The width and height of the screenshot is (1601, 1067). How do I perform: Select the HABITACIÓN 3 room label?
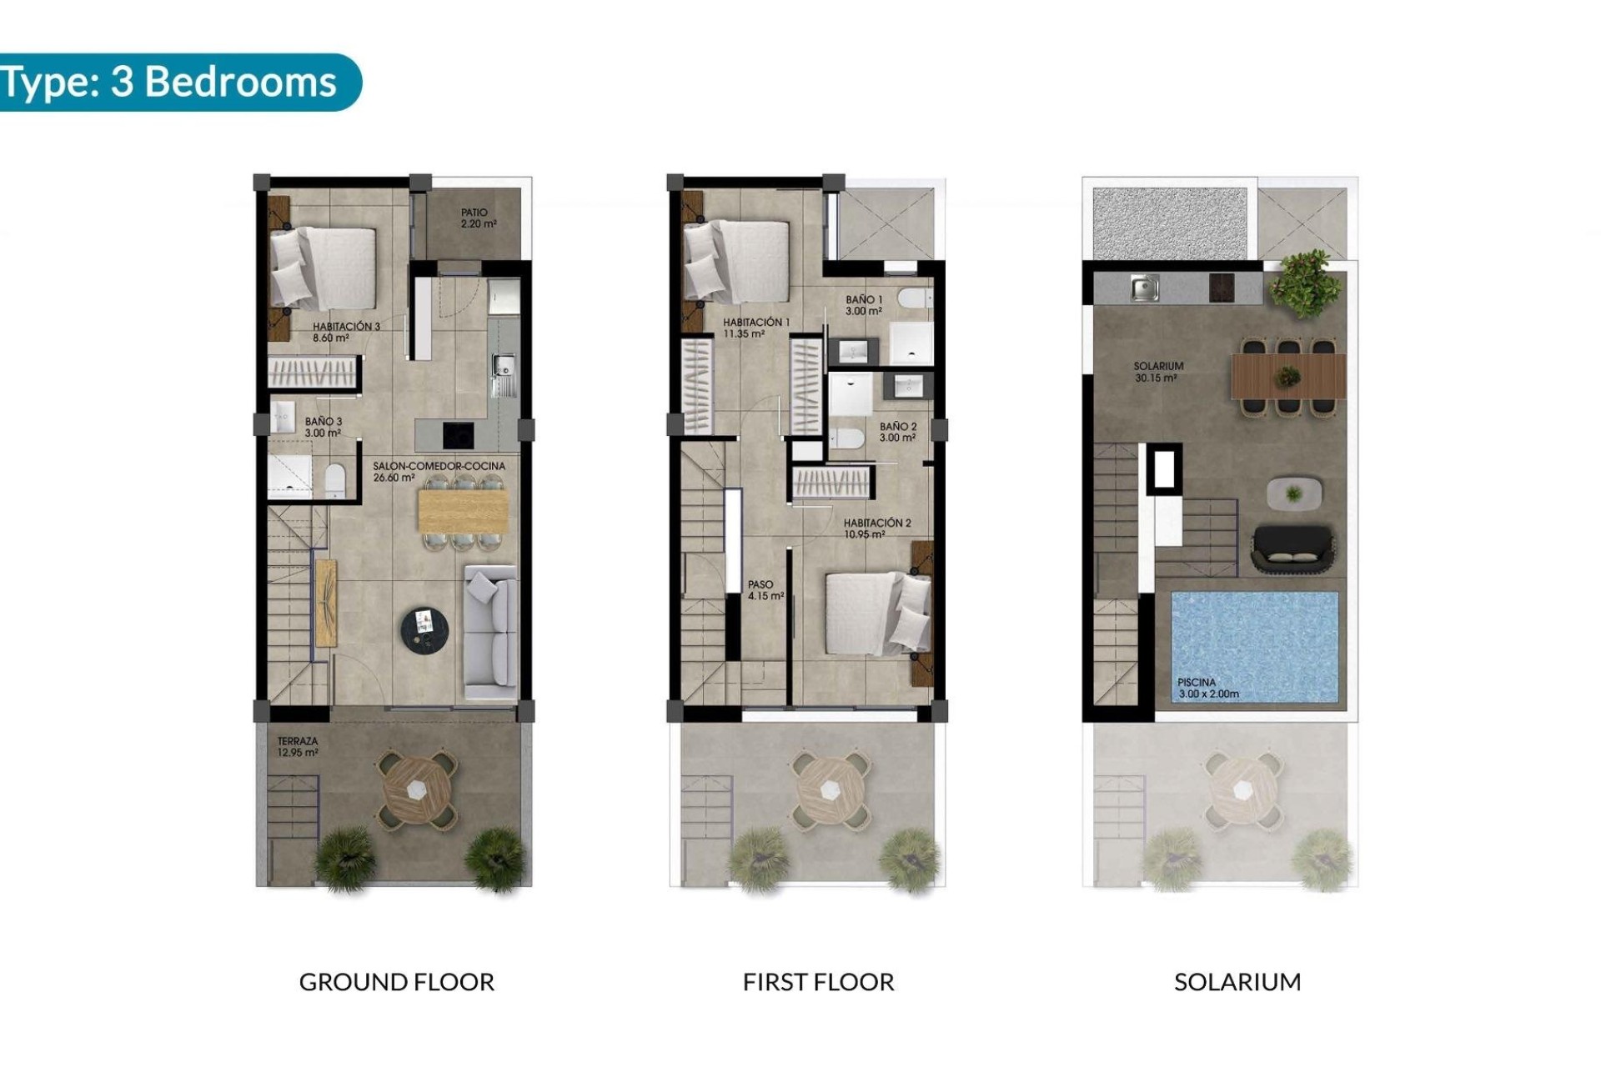click(345, 332)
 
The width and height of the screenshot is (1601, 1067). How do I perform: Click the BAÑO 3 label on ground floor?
click(323, 427)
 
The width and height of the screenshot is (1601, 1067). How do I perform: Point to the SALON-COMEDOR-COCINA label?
click(438, 472)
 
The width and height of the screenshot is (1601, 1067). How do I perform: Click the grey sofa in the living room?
click(491, 632)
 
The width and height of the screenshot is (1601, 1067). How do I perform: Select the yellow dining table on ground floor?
click(462, 510)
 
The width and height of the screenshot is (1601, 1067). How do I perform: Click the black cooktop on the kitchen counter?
click(458, 435)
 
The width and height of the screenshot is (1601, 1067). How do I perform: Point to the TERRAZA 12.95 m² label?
click(298, 747)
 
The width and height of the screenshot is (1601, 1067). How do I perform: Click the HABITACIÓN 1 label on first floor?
click(755, 328)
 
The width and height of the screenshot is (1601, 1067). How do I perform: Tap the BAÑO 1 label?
click(863, 305)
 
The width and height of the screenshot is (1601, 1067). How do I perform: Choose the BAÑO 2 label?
click(897, 432)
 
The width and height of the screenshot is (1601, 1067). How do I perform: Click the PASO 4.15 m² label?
click(765, 590)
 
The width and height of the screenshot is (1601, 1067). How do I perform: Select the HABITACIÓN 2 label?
click(876, 528)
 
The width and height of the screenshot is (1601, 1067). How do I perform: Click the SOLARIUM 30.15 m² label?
click(1157, 372)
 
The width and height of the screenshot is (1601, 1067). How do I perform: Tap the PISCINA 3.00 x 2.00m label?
click(1207, 688)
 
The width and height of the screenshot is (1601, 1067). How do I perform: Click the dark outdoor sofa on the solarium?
click(1293, 548)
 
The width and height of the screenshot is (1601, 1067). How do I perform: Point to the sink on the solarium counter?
click(1142, 289)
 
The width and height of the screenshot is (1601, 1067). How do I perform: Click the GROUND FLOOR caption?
click(396, 982)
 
